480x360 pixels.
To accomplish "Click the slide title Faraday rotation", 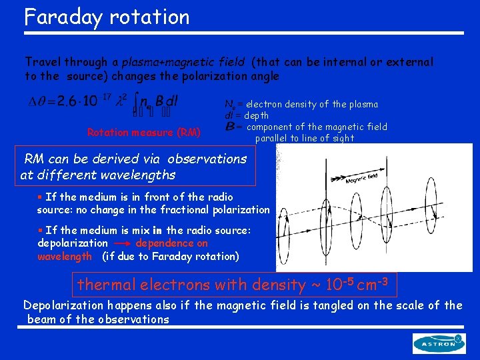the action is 107,16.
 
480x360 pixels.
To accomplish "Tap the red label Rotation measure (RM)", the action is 143,132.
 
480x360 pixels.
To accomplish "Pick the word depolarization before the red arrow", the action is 73,243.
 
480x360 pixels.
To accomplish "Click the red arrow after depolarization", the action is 122,244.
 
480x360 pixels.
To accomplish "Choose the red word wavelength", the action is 65,256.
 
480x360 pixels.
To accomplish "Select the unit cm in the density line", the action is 368,285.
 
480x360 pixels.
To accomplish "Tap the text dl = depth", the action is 246,115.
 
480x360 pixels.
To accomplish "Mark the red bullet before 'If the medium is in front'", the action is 40,197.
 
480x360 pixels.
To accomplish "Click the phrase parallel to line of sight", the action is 304,138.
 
